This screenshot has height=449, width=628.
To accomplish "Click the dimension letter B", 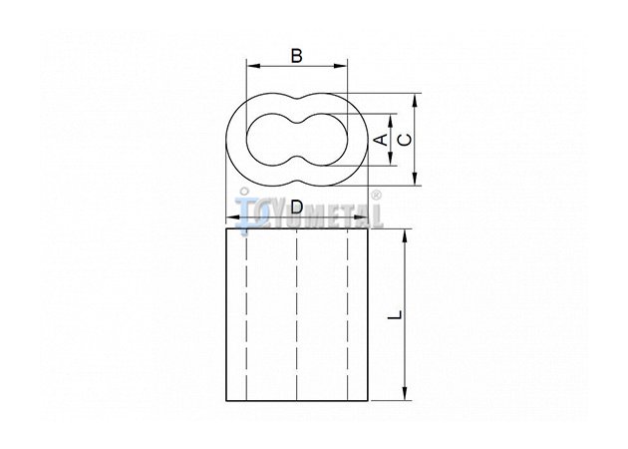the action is click(x=296, y=56).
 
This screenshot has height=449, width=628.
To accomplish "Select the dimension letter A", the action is click(x=381, y=140).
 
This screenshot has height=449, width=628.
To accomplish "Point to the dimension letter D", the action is click(x=297, y=208).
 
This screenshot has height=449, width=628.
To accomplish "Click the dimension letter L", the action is click(x=395, y=314).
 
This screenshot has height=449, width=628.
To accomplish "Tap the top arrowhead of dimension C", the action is click(x=415, y=100).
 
